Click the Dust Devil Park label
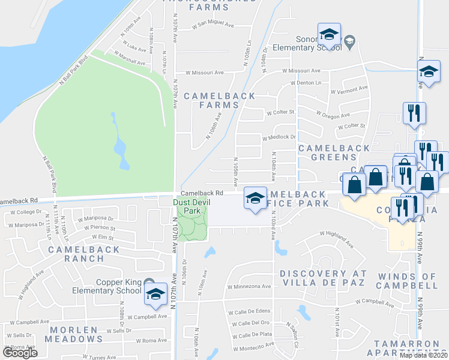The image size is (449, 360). tap(187, 207)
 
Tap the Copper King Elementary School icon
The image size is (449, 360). tap(155, 294)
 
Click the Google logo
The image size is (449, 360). tap(20, 353)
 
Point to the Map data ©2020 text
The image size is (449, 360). tap(423, 355)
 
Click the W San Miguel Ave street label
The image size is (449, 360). tap(215, 26)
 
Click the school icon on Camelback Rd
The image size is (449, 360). tap(255, 197)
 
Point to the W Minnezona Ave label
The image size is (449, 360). tap(249, 287)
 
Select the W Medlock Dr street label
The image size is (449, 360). tap(279, 137)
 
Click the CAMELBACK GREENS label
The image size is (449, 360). tap(327, 152)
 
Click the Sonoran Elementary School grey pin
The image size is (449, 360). tap(349, 41)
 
